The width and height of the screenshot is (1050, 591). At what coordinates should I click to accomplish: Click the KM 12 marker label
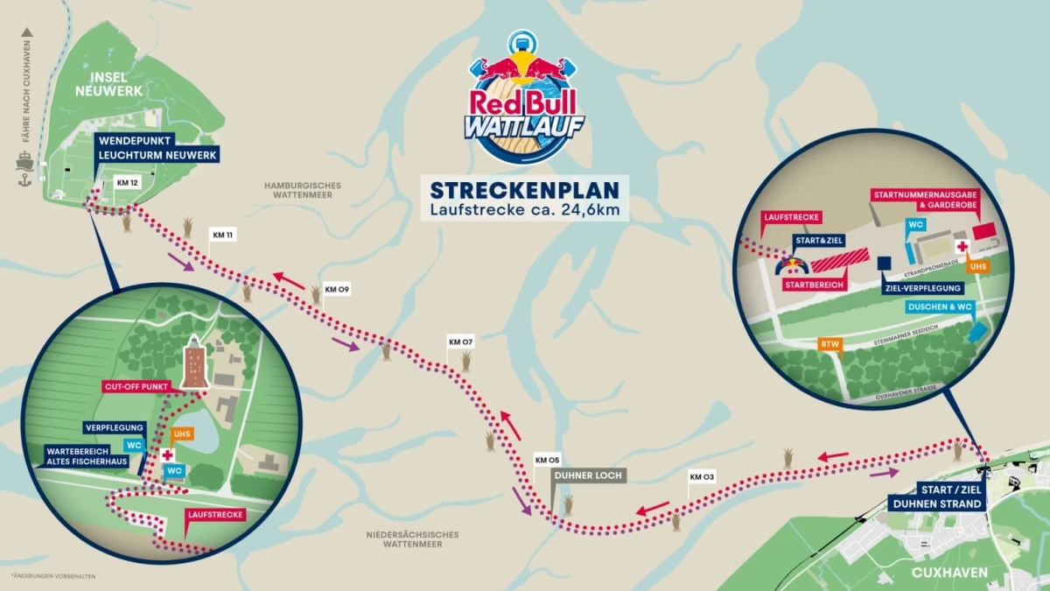click(x=127, y=183)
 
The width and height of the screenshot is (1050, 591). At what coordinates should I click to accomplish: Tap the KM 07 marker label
click(x=460, y=341)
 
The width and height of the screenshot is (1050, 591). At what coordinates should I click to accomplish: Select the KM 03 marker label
click(x=702, y=477)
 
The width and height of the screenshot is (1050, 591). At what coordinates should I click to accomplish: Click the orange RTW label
click(x=830, y=344)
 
